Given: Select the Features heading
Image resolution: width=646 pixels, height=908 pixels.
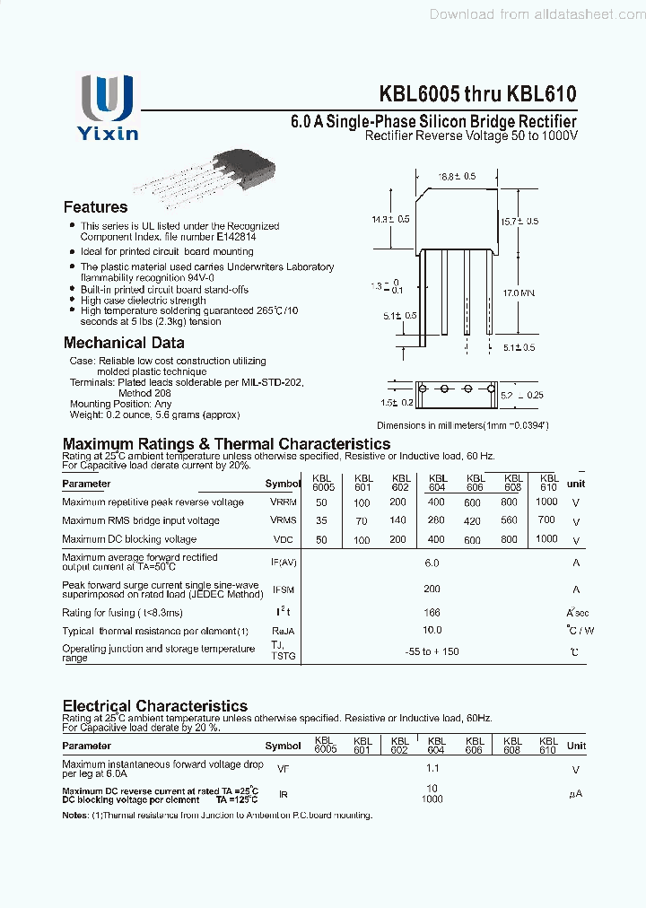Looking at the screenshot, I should tap(95, 207).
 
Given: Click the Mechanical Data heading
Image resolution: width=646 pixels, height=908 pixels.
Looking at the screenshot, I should tap(124, 343).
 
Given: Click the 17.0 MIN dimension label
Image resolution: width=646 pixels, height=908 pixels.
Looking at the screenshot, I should tap(519, 292).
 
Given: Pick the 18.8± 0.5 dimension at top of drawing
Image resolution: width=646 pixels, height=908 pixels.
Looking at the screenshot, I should tap(457, 177).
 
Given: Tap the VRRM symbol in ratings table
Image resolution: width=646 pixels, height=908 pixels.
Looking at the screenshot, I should tap(283, 502).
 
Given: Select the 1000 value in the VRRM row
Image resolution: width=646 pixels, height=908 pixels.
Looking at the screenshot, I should tap(546, 502).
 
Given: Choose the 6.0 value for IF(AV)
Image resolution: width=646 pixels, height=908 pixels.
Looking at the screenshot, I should tap(432, 563).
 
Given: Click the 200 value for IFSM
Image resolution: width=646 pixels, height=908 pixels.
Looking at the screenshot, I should tap(432, 589).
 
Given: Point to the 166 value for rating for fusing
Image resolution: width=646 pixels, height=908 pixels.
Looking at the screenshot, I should tap(432, 612).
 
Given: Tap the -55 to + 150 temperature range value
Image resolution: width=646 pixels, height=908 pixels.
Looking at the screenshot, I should tap(432, 651).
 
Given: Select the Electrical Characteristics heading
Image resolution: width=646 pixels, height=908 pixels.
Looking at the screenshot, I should tap(154, 706).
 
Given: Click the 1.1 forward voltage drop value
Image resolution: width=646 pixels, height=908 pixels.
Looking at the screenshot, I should tap(432, 769).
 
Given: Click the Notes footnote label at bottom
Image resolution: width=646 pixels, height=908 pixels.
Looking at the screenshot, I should tap(75, 816).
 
